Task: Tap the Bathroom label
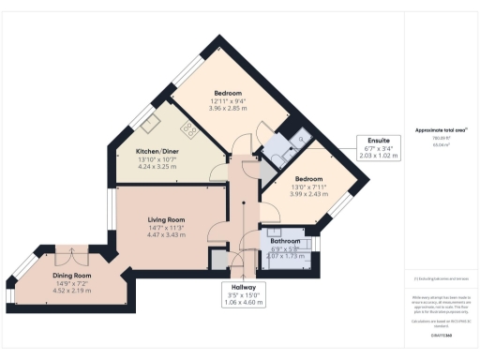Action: pyautogui.click(x=285, y=240)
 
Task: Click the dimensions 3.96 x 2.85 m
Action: pyautogui.click(x=228, y=109)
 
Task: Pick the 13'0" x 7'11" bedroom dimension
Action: pyautogui.click(x=308, y=187)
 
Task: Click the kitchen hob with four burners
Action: pyautogui.click(x=188, y=130)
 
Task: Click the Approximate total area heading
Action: pyautogui.click(x=440, y=129)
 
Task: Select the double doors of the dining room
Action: pyautogui.click(x=68, y=255)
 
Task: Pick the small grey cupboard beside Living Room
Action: pyautogui.click(x=218, y=259)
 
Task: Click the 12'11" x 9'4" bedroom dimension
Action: pyautogui.click(x=228, y=101)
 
